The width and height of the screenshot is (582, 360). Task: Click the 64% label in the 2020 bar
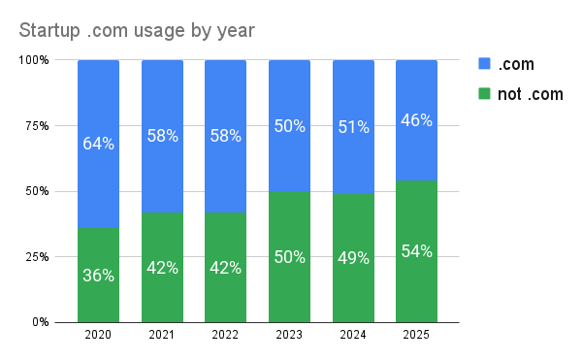coord(98,144)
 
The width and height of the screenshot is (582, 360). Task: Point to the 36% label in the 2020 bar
coord(98,276)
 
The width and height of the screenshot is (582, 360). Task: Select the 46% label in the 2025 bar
coord(416,120)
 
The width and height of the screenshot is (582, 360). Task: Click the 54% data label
coord(416,251)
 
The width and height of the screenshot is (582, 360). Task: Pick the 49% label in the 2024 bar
coord(353,258)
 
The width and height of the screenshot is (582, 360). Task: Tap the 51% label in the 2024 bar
coord(353,127)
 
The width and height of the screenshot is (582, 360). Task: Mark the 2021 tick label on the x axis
coord(162,335)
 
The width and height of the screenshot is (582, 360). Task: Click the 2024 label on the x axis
coord(353,335)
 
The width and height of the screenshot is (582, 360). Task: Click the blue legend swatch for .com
coord(486,64)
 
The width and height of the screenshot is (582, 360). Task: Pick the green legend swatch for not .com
coord(486,95)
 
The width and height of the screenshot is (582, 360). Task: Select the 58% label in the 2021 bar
coord(162,137)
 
